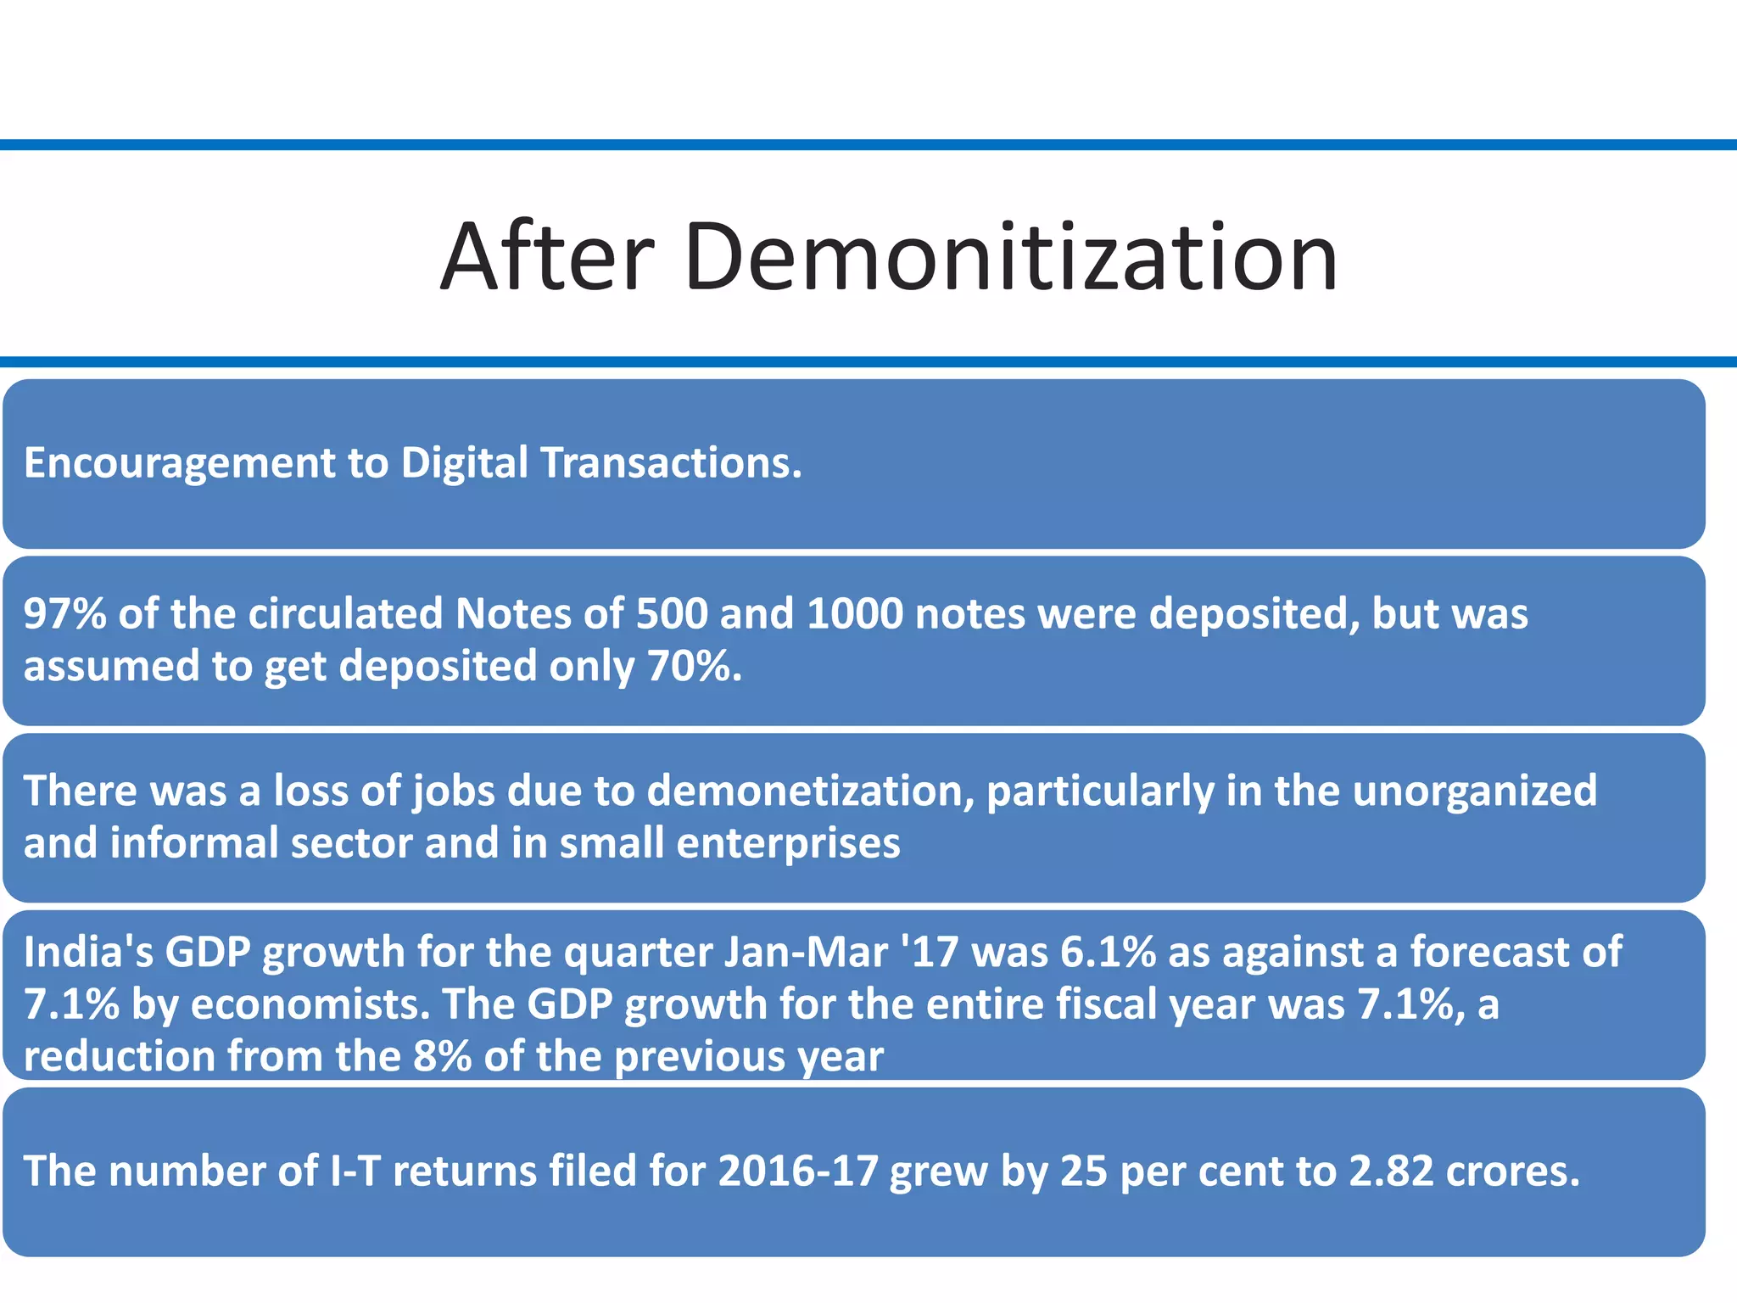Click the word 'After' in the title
point(547,256)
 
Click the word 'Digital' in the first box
point(464,463)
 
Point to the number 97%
point(64,613)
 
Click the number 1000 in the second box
point(854,613)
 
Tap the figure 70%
point(693,666)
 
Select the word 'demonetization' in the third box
point(810,791)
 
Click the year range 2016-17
point(797,1172)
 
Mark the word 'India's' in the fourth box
point(88,952)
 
